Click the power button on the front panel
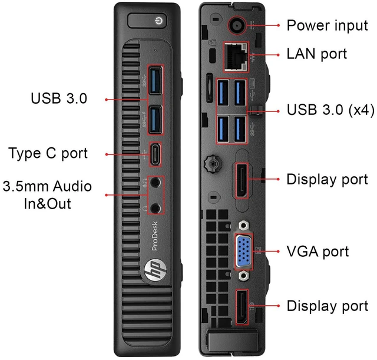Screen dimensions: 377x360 pos(147,21)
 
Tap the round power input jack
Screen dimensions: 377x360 pos(237,25)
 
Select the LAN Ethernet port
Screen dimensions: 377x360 pos(236,57)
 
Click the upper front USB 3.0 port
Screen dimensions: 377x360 pos(156,81)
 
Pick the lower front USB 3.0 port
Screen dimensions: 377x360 pos(156,120)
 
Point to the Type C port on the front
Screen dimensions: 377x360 pos(156,154)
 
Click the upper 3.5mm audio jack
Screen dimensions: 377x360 pos(156,182)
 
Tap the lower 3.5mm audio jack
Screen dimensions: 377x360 pos(156,208)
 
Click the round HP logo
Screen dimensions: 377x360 pos(156,270)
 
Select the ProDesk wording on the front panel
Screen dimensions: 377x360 pos(155,236)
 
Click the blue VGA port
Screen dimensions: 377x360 pos(243,252)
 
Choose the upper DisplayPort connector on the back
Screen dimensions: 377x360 pos(242,180)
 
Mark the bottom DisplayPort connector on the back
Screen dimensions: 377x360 pos(242,307)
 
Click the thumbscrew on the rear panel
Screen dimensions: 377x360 pos(213,164)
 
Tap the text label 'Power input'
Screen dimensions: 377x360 pos(328,26)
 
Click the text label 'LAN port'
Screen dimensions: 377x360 pos(317,54)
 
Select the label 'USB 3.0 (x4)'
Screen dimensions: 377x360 pos(330,110)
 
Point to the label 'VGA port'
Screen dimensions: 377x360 pos(318,252)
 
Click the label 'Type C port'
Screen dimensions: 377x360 pos(48,153)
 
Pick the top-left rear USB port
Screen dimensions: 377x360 pos(223,93)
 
